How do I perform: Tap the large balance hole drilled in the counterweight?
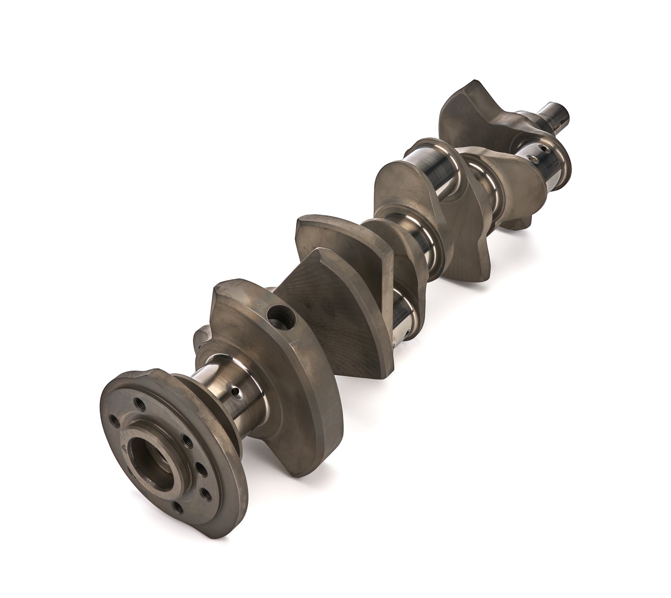(x=281, y=317)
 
